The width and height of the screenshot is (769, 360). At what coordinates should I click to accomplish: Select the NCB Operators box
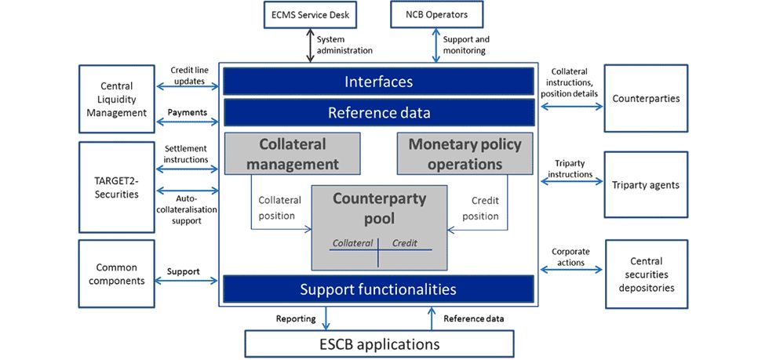tap(436, 14)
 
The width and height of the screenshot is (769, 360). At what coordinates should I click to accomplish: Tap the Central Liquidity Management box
tap(117, 100)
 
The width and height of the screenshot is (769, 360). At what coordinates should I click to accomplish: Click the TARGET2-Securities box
tap(117, 187)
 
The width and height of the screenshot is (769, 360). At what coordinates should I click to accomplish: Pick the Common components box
tap(117, 274)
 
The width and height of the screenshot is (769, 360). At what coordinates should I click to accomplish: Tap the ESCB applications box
tap(380, 344)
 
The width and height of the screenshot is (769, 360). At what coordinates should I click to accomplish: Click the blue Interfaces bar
tap(378, 82)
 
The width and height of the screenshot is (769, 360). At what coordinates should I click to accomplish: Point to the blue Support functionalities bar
tap(378, 289)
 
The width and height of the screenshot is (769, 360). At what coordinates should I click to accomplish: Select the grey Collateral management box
tap(292, 154)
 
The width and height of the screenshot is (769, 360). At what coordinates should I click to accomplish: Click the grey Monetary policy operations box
tap(465, 154)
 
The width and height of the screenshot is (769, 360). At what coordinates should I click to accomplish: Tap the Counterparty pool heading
tap(379, 208)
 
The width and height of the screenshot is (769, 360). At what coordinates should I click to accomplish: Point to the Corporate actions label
tap(570, 257)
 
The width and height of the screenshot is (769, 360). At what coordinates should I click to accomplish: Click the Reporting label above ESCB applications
tap(296, 318)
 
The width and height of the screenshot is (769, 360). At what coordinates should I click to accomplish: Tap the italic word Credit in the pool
tap(406, 244)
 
